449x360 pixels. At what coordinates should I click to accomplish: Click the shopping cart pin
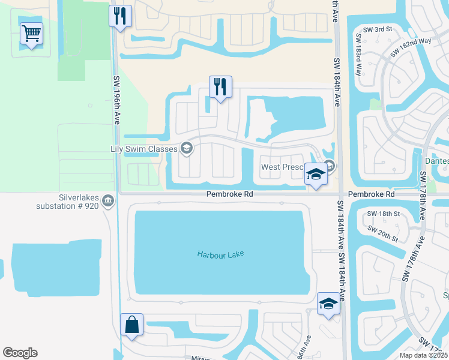pos(31,34)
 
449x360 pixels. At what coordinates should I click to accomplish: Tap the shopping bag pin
pos(131,325)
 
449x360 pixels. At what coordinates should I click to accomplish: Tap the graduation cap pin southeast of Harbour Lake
pos(328,304)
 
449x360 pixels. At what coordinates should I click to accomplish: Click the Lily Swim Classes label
pos(144,148)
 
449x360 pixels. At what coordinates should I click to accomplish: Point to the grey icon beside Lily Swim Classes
pos(187,148)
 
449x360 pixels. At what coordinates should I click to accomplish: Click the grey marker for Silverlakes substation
pos(109,200)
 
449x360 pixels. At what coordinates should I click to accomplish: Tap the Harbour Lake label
pos(221,254)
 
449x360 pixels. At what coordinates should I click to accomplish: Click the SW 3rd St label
pos(378,29)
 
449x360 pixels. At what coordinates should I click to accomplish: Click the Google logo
pos(20,353)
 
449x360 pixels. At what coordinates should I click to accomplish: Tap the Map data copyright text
pos(424,355)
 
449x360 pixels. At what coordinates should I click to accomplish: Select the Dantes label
pos(436,161)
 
